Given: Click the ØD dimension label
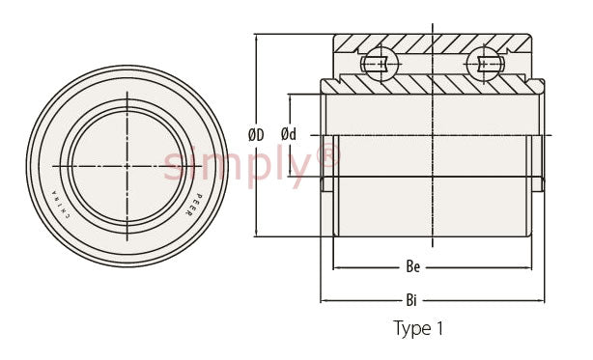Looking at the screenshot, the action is coord(256,135).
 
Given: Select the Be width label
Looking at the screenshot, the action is coord(413,267).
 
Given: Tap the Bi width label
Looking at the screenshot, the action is coord(411,301).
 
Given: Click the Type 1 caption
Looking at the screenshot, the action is coord(418,328).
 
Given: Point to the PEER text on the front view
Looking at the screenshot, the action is coord(193,205).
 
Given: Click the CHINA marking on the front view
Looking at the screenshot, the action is coord(61,205).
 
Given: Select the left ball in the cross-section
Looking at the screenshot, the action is coord(380,64).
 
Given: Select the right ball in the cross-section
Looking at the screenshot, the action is coord(485,64).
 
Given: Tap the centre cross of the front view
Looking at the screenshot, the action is coord(127,166).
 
